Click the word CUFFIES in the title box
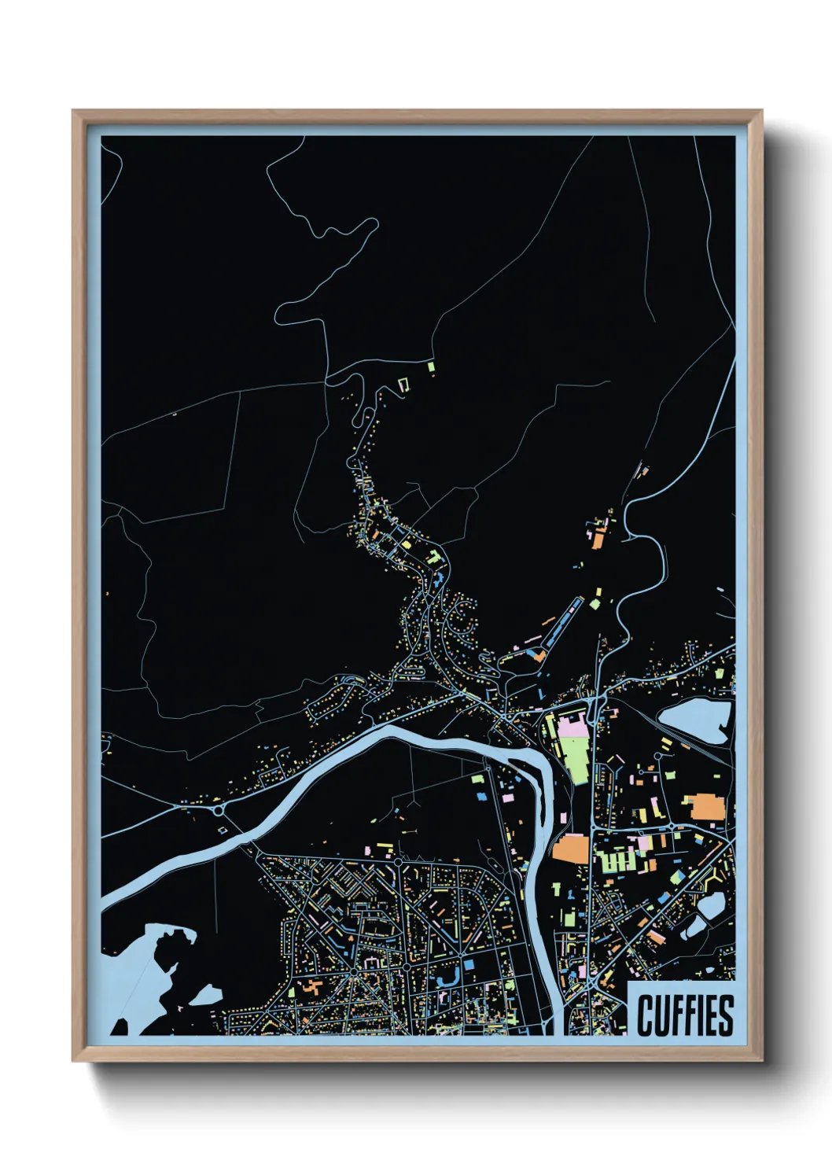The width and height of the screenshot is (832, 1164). click(685, 1015)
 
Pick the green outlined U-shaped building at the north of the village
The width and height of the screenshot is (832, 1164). click(404, 385)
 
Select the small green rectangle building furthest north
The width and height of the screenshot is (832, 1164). click(431, 366)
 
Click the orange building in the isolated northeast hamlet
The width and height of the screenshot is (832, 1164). click(598, 540)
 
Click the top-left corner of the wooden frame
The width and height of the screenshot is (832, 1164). click(74, 112)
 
